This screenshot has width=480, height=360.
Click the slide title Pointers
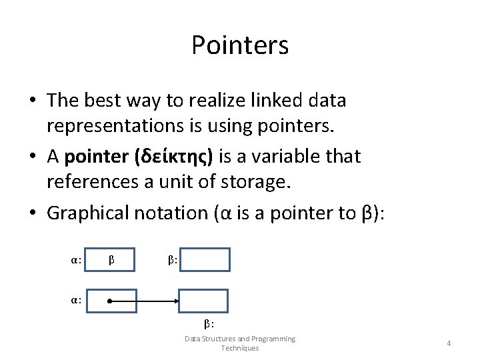[240, 45]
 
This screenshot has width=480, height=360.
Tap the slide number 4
[449, 343]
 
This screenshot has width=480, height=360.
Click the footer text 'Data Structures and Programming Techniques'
[240, 343]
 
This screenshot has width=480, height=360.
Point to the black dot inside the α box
[109, 301]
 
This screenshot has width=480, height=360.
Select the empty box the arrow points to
[203, 301]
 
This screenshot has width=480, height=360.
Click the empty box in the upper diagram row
[205, 259]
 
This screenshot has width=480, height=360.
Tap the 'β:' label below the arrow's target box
[209, 324]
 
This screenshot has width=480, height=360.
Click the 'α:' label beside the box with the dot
[77, 301]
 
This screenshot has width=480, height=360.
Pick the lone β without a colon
[112, 259]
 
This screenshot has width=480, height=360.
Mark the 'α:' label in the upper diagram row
[77, 259]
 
